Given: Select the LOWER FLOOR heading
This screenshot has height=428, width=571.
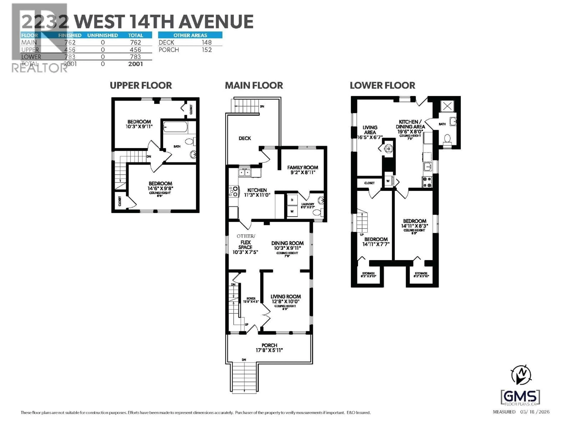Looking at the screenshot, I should [382, 85].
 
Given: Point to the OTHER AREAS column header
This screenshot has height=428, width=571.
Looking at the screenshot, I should [190, 35].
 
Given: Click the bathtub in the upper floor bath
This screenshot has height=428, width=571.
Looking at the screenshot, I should [175, 127].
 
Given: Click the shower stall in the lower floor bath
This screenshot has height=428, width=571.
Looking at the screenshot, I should [447, 106].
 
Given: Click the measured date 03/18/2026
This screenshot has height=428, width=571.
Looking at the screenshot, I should [535, 412].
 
